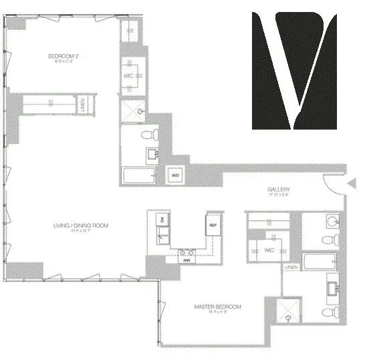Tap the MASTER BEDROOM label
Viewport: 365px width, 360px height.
[217, 307]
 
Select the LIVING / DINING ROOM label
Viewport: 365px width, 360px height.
[80, 226]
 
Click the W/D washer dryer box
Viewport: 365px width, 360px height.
[175, 175]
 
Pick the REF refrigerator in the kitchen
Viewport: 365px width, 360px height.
[213, 224]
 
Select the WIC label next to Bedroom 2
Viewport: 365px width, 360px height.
[128, 75]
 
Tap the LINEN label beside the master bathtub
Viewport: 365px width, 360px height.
[291, 267]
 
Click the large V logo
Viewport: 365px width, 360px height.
[294, 70]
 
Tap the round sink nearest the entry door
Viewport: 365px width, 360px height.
[332, 220]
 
